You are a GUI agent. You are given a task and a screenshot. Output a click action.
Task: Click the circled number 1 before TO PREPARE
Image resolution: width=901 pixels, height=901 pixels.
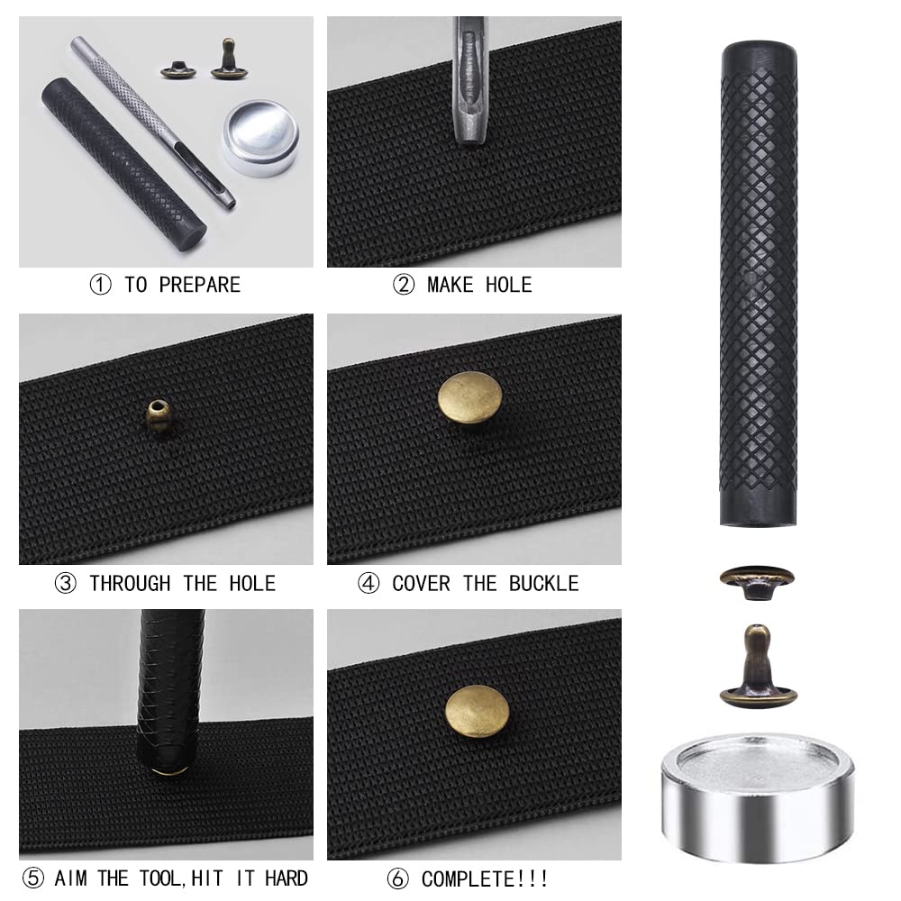tap(100, 286)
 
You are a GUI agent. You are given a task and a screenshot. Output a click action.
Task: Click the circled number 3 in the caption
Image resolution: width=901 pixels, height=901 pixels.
tap(65, 584)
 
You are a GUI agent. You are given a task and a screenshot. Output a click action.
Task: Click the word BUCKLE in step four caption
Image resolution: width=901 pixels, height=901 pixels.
tap(543, 584)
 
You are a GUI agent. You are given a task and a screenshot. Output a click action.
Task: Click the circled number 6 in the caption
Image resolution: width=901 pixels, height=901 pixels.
tap(403, 878)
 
